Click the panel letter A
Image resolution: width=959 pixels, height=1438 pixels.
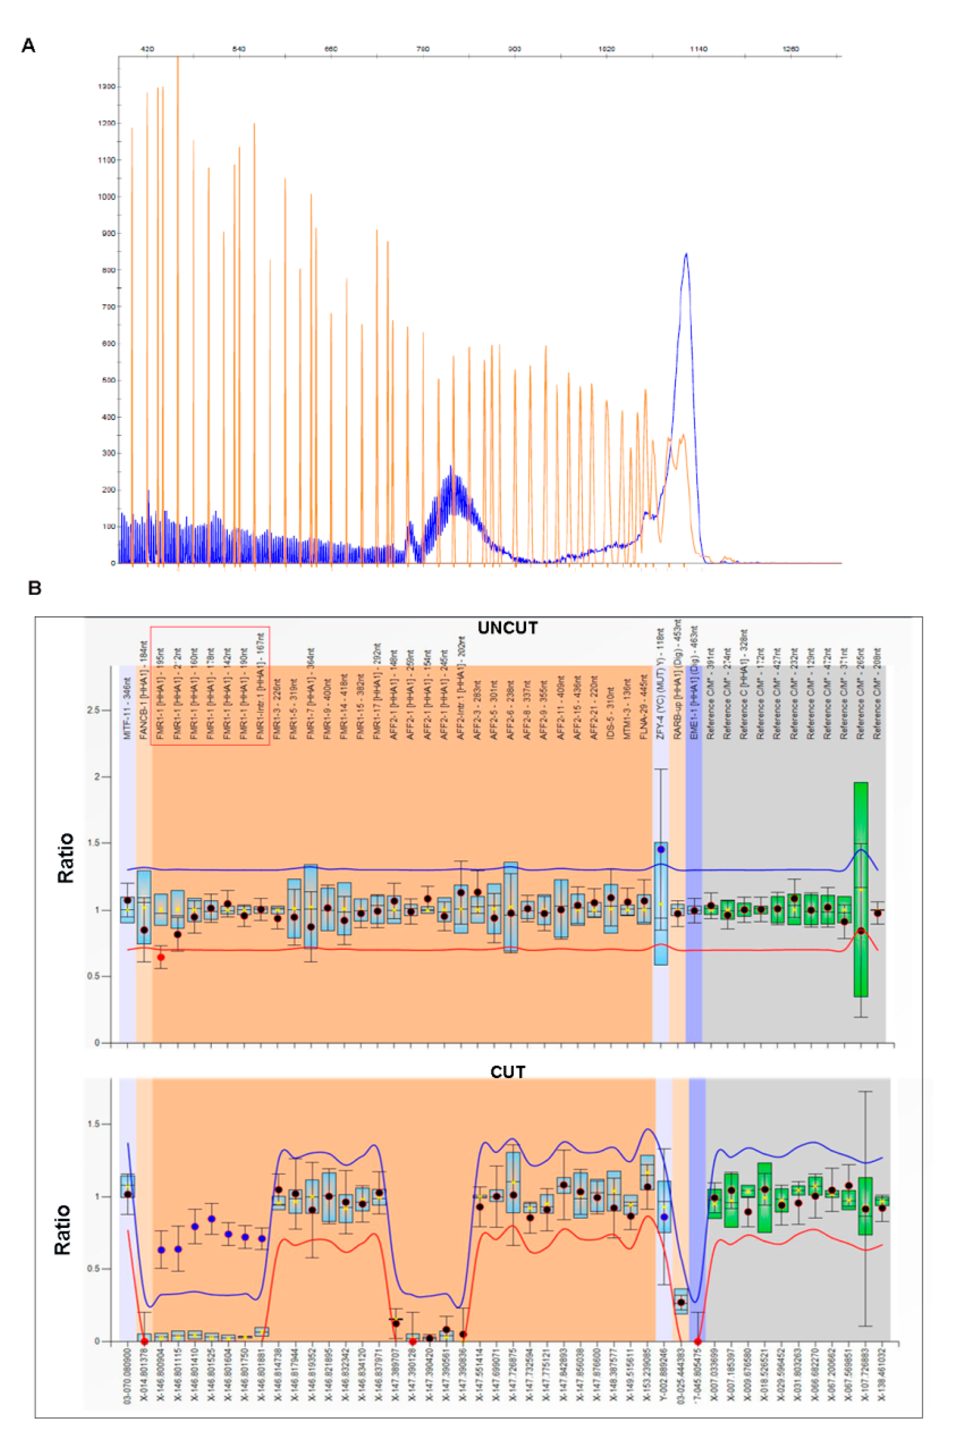click(28, 45)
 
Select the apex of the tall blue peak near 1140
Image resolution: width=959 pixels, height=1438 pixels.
click(686, 253)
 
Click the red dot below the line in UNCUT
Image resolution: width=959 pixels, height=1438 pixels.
click(161, 957)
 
